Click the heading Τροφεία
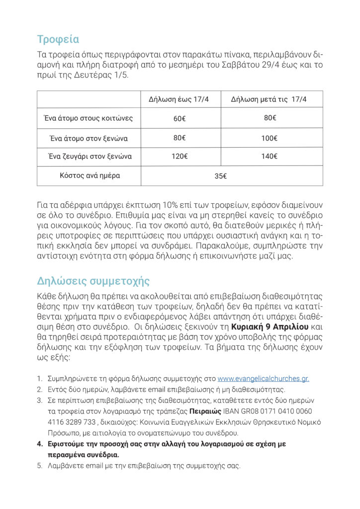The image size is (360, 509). [58, 39]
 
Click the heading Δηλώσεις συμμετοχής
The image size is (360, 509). [93, 281]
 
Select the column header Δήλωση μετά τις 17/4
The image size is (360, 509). [269, 99]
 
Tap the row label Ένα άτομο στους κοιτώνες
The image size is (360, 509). [88, 118]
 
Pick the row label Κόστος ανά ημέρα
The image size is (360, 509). [90, 175]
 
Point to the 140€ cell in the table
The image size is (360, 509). [269, 157]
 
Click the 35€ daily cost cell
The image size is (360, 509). [221, 176]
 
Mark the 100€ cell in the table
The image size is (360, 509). [269, 138]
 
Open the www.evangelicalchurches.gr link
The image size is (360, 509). [263, 379]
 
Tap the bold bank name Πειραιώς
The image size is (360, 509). [205, 412]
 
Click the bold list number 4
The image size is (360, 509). [40, 444]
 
